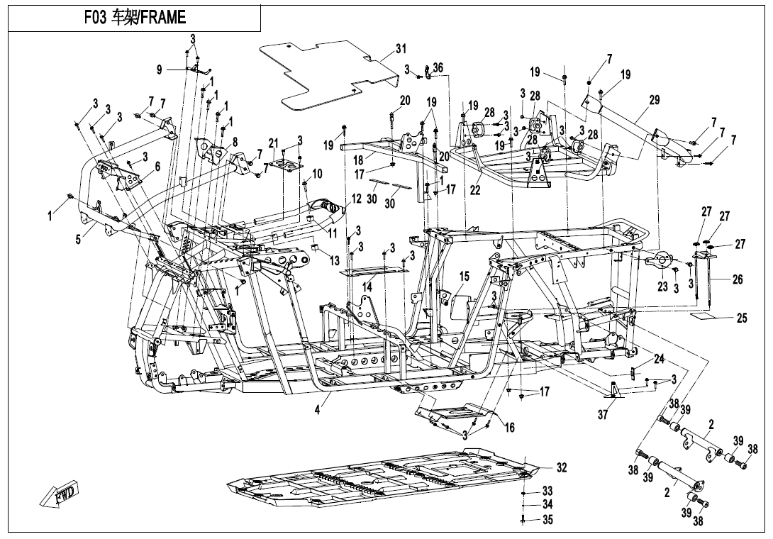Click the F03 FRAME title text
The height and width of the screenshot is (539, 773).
click(x=134, y=16)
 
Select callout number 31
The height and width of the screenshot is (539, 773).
click(x=401, y=49)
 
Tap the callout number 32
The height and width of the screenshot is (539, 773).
click(x=561, y=467)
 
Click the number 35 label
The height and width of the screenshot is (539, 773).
click(x=547, y=520)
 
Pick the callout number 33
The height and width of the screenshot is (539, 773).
click(x=547, y=491)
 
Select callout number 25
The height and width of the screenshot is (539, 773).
click(x=741, y=318)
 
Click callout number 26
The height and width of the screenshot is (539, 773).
click(x=737, y=280)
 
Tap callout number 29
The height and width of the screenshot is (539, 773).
click(x=653, y=101)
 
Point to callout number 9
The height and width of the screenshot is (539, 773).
click(x=160, y=69)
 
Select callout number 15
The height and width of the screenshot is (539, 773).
click(x=464, y=276)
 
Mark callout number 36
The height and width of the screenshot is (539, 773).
click(x=438, y=67)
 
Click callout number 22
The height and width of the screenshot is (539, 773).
click(x=475, y=191)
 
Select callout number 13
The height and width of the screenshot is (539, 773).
click(x=334, y=260)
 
